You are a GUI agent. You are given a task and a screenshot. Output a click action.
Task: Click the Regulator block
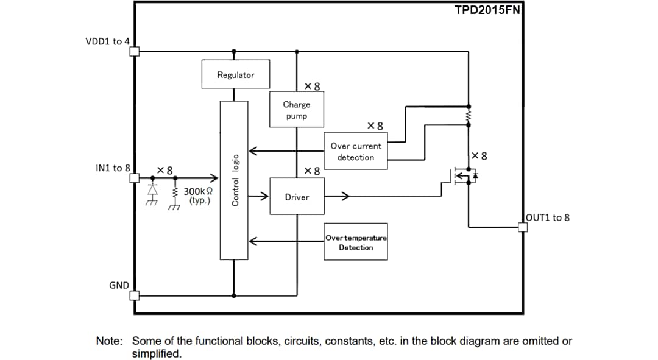click(x=235, y=74)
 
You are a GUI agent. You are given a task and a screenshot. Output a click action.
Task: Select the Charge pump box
click(x=296, y=110)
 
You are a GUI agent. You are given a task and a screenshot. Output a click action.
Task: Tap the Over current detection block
click(x=356, y=152)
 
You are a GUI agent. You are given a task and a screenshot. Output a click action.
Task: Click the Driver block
click(x=296, y=197)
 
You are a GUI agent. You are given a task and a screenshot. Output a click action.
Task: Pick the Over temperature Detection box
click(x=356, y=242)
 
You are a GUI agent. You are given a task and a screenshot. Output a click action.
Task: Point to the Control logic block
click(x=234, y=180)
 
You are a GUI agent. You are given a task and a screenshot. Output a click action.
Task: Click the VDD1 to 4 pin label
click(x=107, y=41)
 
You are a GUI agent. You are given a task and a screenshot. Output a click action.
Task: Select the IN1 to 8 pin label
click(x=113, y=168)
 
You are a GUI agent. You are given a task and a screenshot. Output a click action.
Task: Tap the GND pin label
click(x=118, y=285)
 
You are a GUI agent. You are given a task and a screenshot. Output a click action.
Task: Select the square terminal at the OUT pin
click(x=522, y=227)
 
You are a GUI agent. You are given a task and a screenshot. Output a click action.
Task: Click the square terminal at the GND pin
click(x=135, y=295)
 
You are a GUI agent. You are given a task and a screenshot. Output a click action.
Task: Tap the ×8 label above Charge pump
click(x=312, y=86)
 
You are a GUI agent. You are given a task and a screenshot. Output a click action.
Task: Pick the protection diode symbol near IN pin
click(x=151, y=191)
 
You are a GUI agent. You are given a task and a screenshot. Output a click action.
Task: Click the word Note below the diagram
click(x=110, y=341)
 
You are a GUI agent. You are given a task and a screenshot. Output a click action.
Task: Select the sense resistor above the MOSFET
click(x=469, y=115)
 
